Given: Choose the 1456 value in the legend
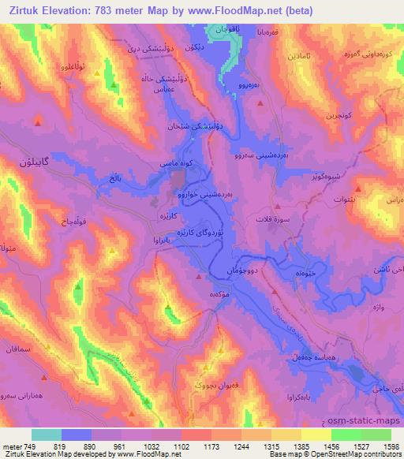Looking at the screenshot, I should pyautogui.click(x=330, y=446).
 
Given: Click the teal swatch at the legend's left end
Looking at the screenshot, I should pyautogui.click(x=47, y=435).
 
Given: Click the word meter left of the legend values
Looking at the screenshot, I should pyautogui.click(x=12, y=446).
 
